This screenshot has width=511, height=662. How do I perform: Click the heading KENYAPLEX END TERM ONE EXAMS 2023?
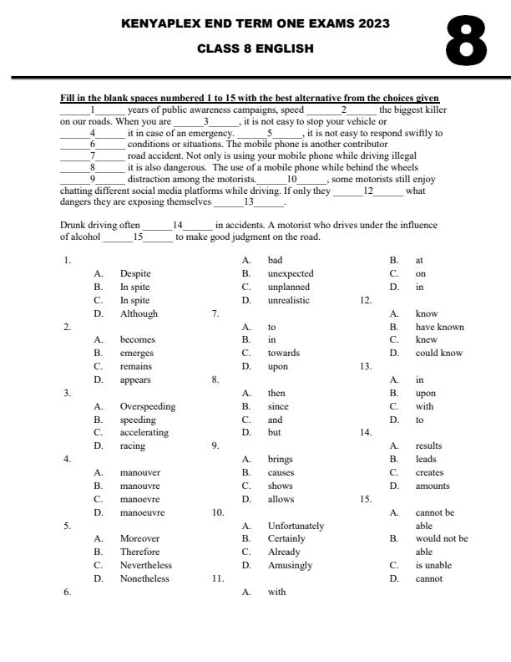pyautogui.click(x=255, y=24)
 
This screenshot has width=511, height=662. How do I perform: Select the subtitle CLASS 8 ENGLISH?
pyautogui.click(x=255, y=48)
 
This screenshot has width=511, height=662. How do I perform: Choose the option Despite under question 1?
pyautogui.click(x=135, y=273)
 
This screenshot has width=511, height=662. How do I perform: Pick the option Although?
pyautogui.click(x=139, y=313)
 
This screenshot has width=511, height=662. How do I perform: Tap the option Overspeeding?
pyautogui.click(x=148, y=406)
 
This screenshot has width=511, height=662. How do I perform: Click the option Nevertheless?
pyautogui.click(x=145, y=565)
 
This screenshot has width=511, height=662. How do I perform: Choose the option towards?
pyautogui.click(x=283, y=353)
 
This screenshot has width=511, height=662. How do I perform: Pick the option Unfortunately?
pyautogui.click(x=296, y=526)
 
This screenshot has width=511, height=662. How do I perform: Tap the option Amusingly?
pyautogui.click(x=290, y=565)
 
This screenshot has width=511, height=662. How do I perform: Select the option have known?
pyautogui.click(x=439, y=327)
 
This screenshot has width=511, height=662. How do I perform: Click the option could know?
pyautogui.click(x=438, y=353)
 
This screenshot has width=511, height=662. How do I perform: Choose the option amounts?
pyautogui.click(x=433, y=486)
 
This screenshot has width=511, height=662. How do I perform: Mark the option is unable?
pyautogui.click(x=433, y=565)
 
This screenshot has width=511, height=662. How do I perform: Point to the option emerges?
pyautogui.click(x=138, y=353)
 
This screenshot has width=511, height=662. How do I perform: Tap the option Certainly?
pyautogui.click(x=286, y=539)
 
